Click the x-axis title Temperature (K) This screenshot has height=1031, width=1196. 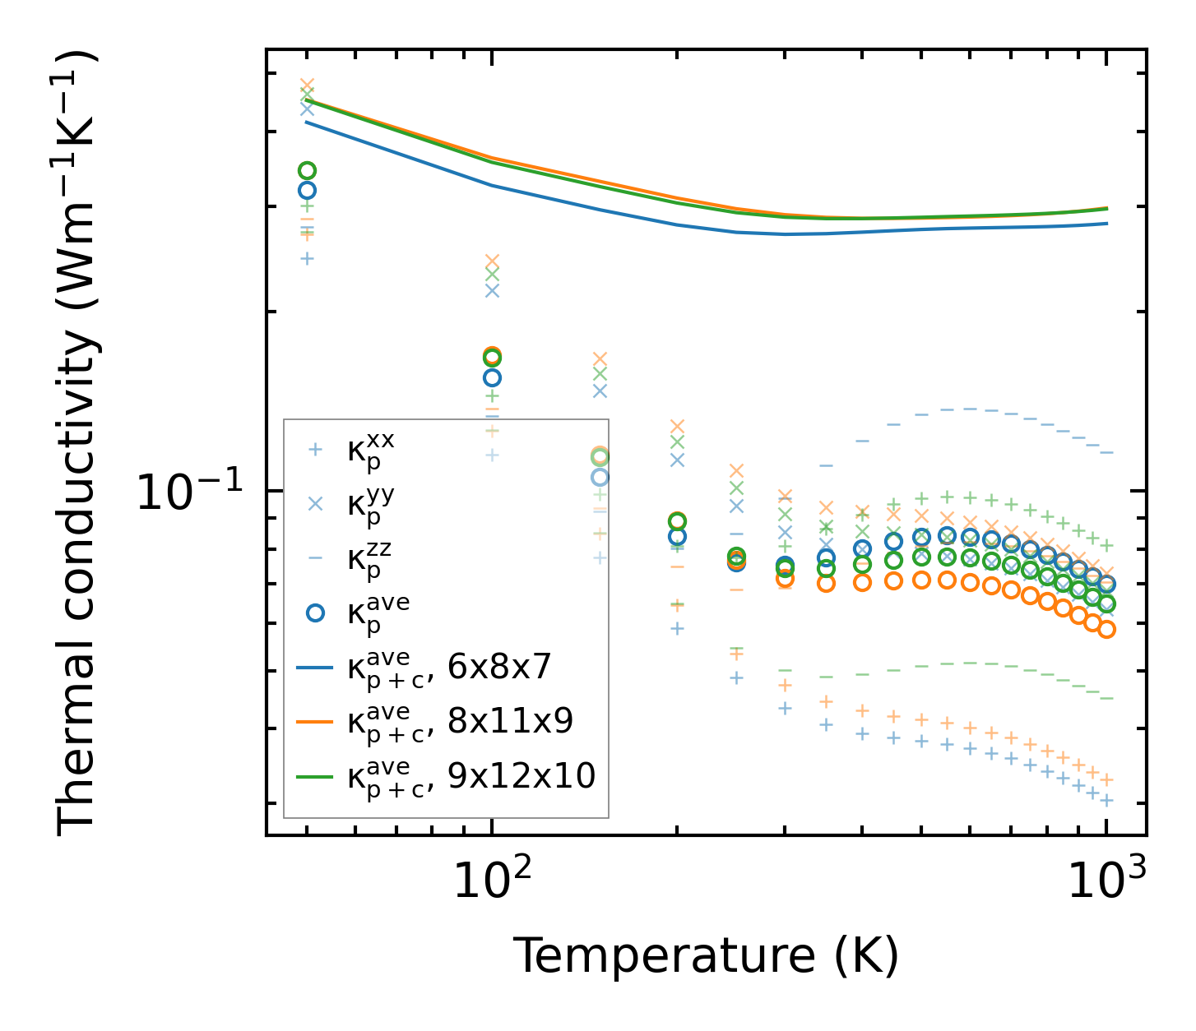point(706,956)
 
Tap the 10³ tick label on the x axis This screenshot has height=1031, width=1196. point(1106,881)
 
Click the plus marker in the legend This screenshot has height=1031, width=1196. point(315,450)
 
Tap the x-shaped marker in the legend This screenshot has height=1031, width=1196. point(315,504)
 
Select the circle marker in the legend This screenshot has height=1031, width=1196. point(315,613)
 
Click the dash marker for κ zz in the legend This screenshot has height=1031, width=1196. point(315,558)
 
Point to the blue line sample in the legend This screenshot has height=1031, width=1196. point(315,668)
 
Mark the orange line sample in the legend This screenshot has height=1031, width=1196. point(315,722)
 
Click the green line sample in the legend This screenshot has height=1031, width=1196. point(315,776)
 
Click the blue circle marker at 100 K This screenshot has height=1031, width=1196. point(492,378)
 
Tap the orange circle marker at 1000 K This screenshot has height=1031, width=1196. point(1106,630)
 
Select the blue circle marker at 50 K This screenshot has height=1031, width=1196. point(307,190)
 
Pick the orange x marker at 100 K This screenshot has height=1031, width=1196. point(492,261)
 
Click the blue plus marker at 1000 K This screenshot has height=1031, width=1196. point(1106,800)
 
